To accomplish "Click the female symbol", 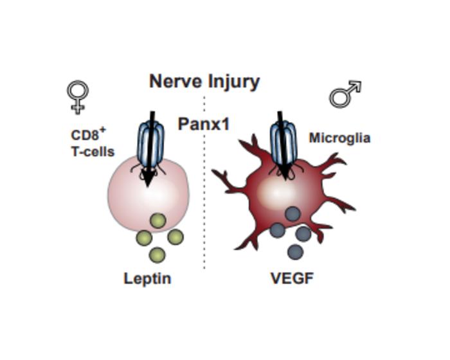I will tap(78, 96).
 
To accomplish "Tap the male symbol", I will tap(345, 95).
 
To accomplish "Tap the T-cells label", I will tap(93, 152).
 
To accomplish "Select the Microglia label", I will tap(339, 138).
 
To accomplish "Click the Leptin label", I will tap(147, 278).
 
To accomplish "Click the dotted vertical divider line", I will tap(204, 193).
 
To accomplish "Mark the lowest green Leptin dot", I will tap(157, 255).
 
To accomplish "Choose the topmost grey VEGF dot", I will tap(293, 214).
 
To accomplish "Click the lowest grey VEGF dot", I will tap(295, 251).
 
